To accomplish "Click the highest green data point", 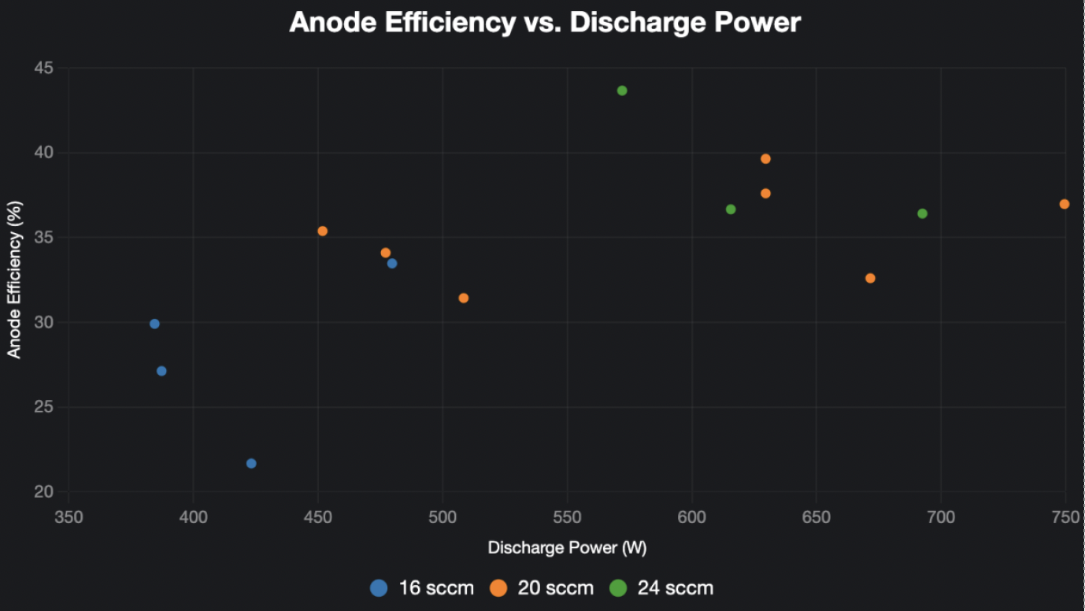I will (x=622, y=91).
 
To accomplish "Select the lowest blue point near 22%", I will (x=251, y=463).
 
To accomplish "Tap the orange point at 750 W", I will (x=1065, y=204).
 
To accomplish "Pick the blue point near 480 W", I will (x=392, y=263).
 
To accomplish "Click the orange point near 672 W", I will (x=870, y=278).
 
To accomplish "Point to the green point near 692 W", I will (x=922, y=213).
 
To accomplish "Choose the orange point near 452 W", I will (x=322, y=231).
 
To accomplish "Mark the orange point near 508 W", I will (x=464, y=298).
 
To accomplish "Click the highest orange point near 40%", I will (x=765, y=159).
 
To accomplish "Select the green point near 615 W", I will (x=731, y=209).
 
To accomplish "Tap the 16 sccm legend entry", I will (x=423, y=587).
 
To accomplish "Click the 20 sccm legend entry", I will (x=542, y=587).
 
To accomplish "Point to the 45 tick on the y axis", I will (x=44, y=69).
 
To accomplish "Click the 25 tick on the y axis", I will (x=44, y=407).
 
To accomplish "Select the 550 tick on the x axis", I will (x=567, y=517).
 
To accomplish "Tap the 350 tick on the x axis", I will (x=69, y=517).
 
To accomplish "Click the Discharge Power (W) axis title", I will (x=567, y=547).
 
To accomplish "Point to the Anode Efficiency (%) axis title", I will (x=14, y=280).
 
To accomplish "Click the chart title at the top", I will (x=545, y=22).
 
